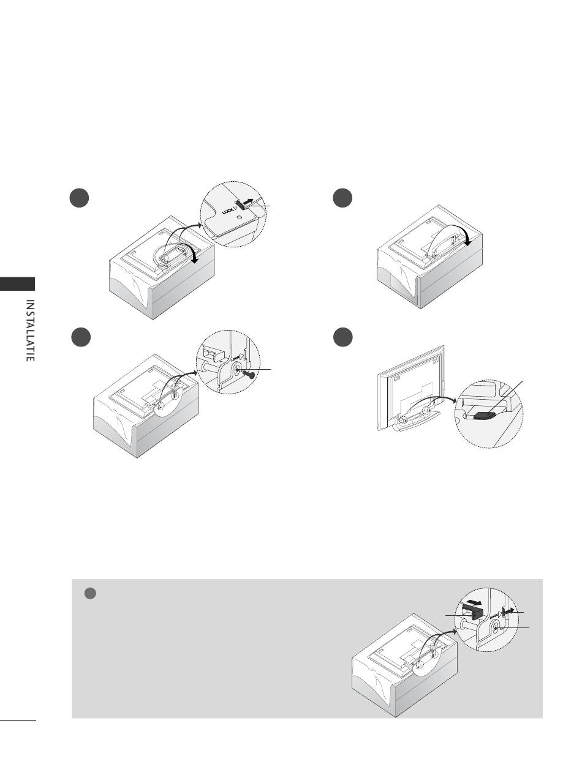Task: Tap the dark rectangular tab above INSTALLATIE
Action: [18, 284]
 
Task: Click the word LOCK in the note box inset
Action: [494, 612]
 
